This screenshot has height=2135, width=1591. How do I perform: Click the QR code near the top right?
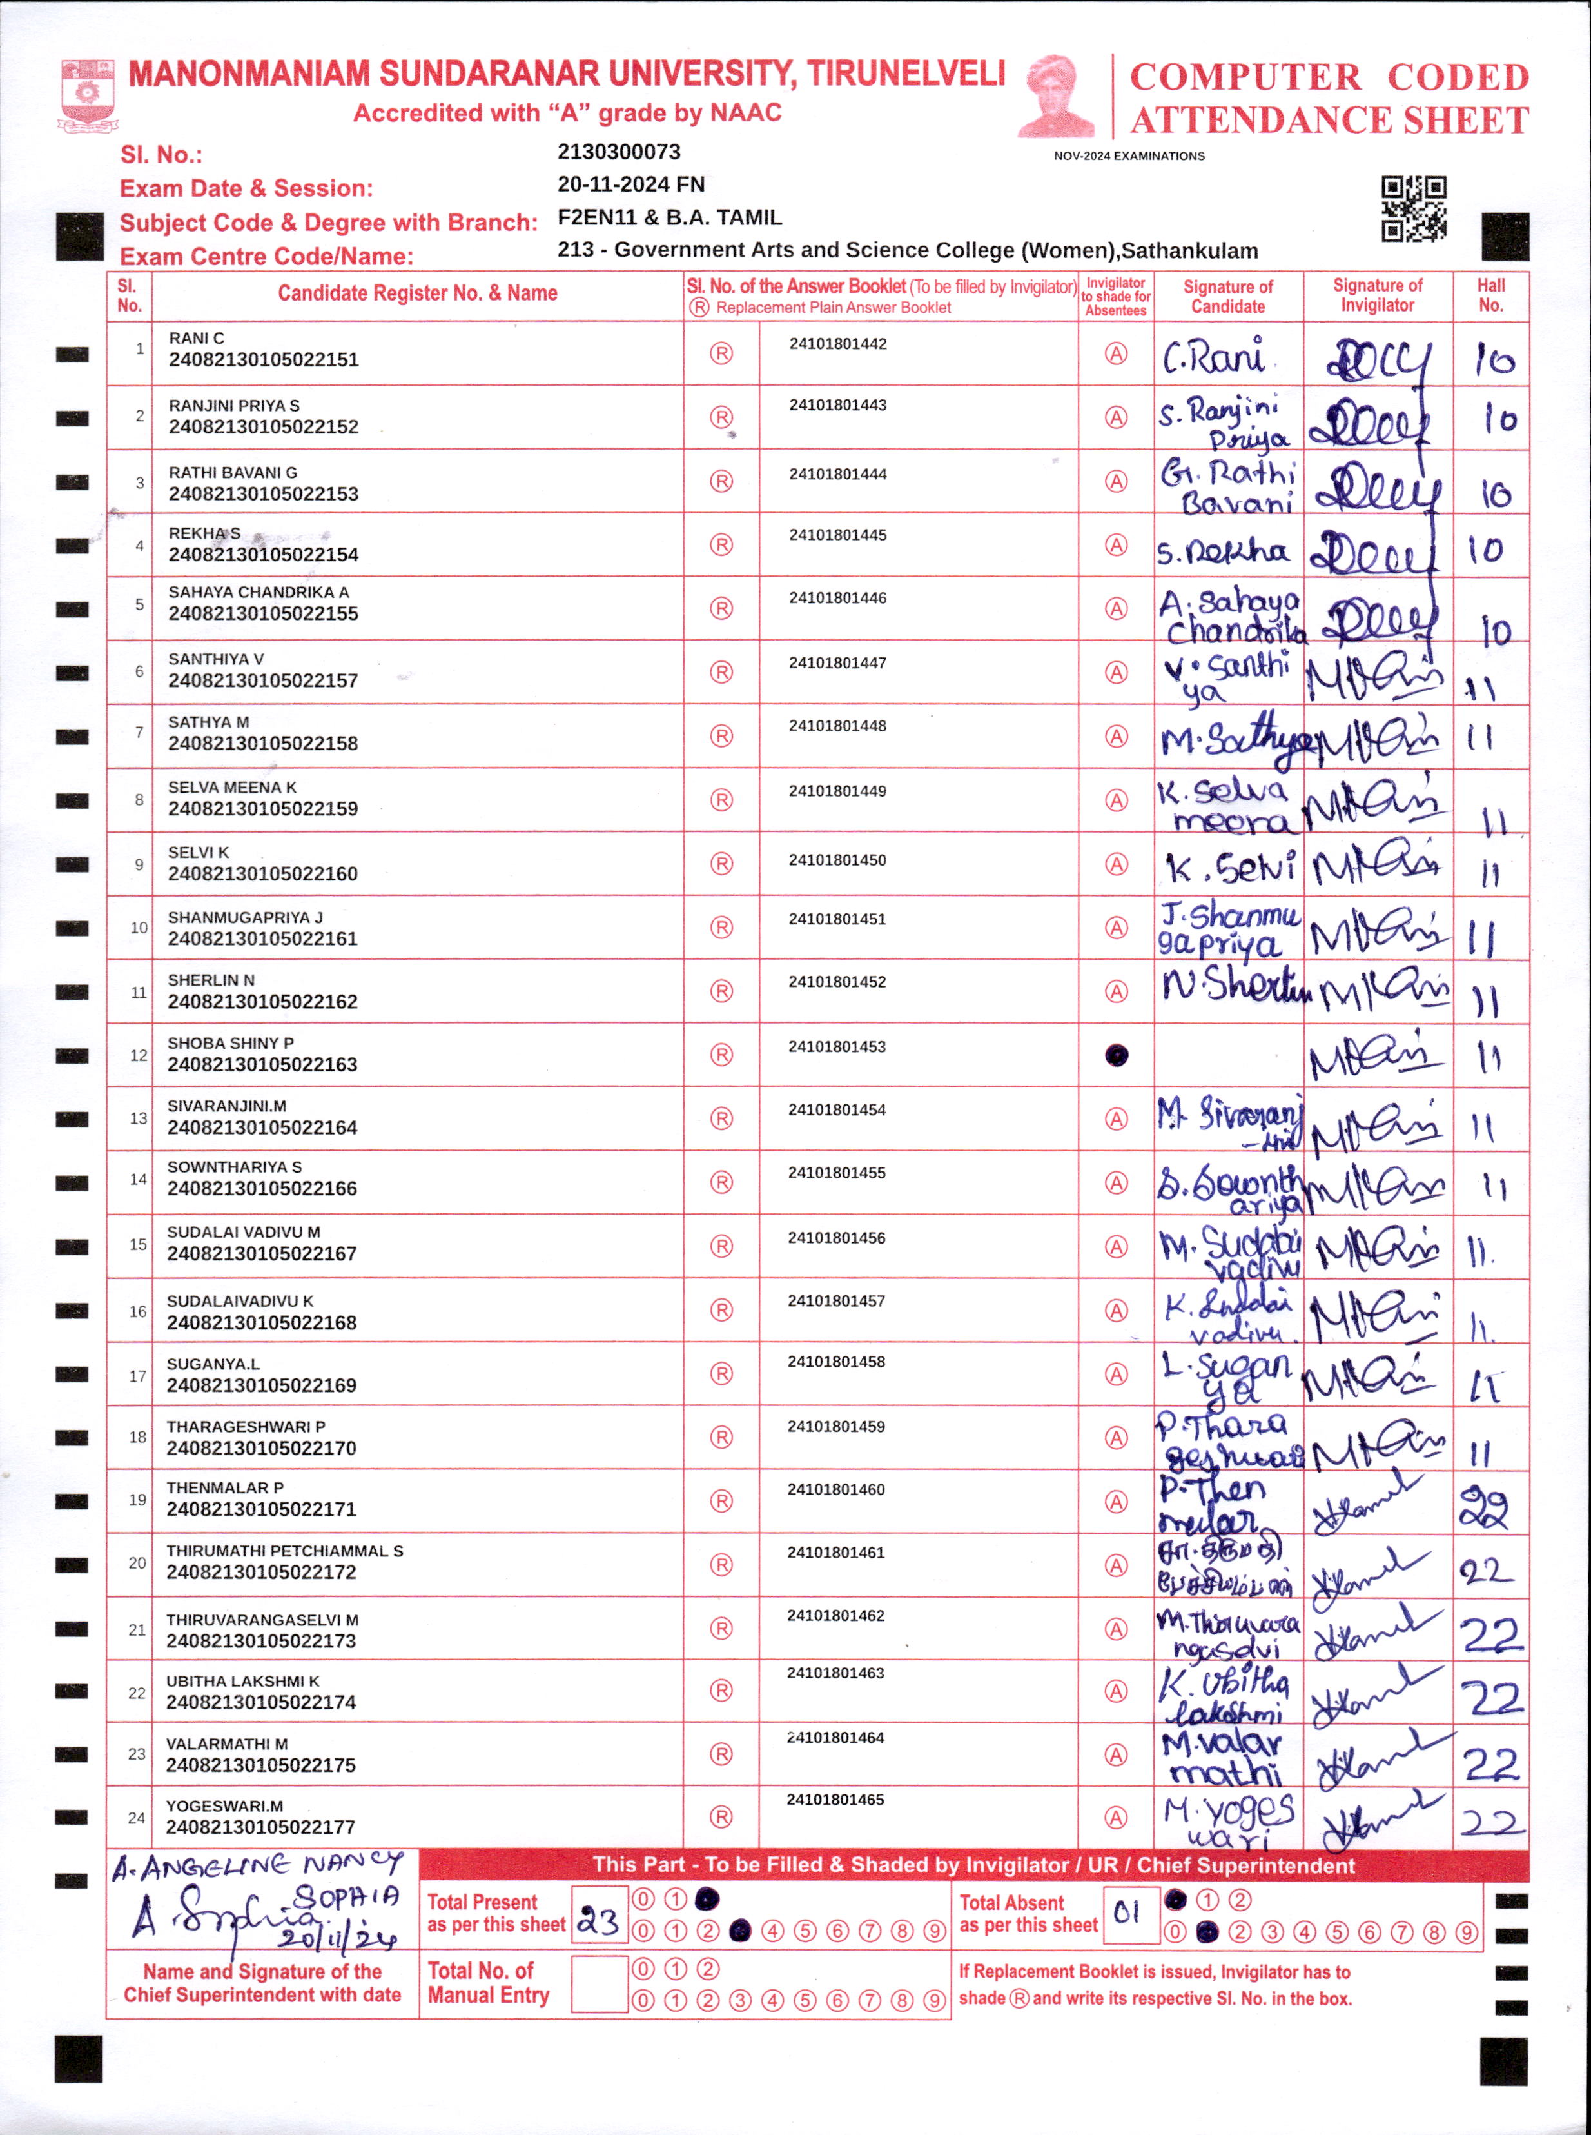(1413, 208)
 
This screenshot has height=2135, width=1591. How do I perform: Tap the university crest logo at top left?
(88, 94)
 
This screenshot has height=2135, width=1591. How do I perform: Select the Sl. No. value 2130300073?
(618, 152)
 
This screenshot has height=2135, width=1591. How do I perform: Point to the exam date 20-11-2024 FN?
(631, 185)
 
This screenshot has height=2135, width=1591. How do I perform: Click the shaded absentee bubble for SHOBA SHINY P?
(1115, 1055)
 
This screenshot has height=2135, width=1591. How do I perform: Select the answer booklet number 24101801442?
(838, 344)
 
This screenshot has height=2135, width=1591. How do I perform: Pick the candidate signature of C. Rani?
(1213, 357)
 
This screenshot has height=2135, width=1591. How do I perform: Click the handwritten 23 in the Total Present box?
(598, 1922)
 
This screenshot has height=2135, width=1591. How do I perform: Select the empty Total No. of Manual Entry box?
(599, 1983)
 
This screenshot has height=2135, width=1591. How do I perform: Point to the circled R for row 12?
(721, 1055)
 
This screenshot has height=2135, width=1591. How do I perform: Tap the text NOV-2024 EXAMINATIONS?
(1129, 156)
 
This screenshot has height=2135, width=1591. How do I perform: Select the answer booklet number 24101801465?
(835, 1800)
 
